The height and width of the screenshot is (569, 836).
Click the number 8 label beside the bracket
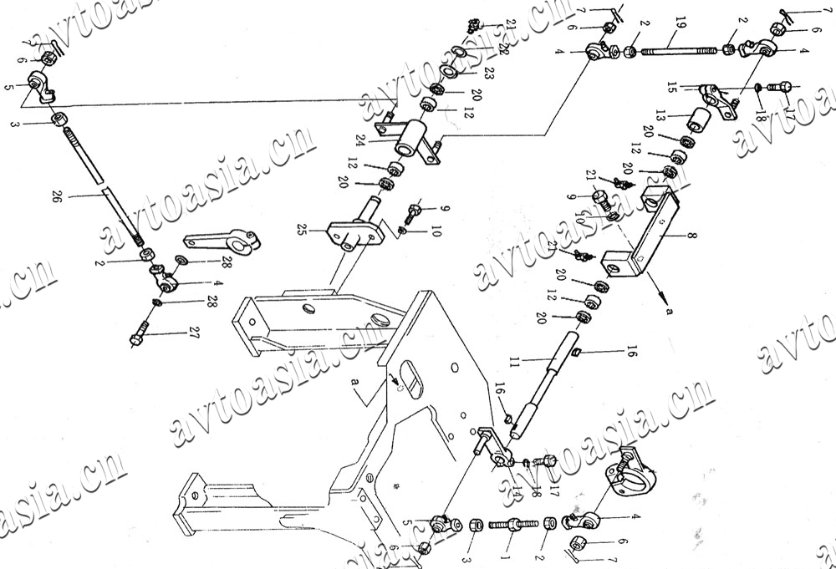(691, 237)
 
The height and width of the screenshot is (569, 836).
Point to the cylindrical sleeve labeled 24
(413, 137)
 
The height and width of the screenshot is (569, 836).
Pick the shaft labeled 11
(543, 384)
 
